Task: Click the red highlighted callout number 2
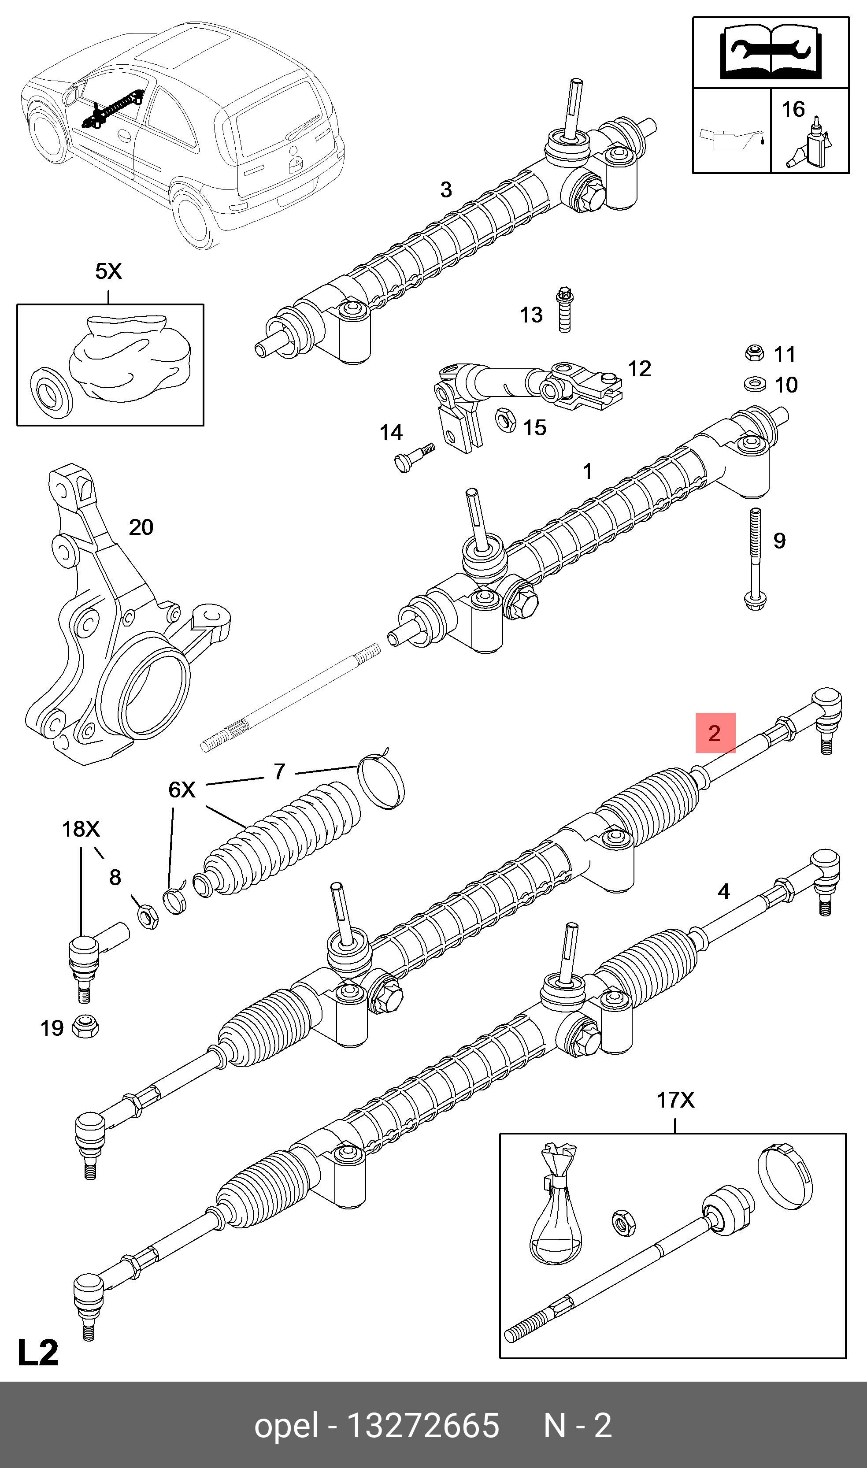point(715,733)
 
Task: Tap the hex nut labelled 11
point(754,353)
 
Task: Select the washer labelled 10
point(755,384)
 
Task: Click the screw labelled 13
point(564,310)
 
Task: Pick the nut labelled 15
point(505,419)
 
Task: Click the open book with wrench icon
point(771,52)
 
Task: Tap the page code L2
point(38,1352)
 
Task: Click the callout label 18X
point(81,829)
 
